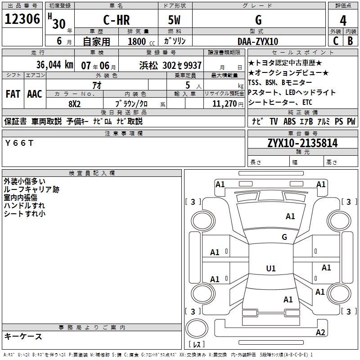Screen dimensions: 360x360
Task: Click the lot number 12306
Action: click(22, 19)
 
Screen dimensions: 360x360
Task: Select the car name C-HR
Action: click(117, 20)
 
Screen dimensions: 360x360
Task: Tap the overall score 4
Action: click(343, 21)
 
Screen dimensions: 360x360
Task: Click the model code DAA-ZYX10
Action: click(258, 41)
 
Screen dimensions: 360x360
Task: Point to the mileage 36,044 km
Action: click(54, 65)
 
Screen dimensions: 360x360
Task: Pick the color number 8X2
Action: click(74, 104)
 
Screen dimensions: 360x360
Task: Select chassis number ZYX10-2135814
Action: click(302, 143)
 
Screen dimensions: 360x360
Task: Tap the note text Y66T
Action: click(19, 143)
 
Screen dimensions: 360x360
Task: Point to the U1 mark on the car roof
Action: click(271, 268)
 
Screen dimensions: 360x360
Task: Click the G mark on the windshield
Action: click(284, 237)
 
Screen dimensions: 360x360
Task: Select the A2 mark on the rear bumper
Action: click(320, 333)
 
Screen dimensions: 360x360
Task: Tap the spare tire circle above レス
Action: click(197, 328)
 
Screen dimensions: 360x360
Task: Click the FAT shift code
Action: click(13, 94)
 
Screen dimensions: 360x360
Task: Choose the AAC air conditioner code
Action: click(35, 94)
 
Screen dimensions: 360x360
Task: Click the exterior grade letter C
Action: click(335, 41)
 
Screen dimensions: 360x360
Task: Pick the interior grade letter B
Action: click(350, 41)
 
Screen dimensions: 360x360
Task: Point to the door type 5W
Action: click(174, 20)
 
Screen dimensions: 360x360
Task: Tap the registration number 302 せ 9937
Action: click(182, 66)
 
